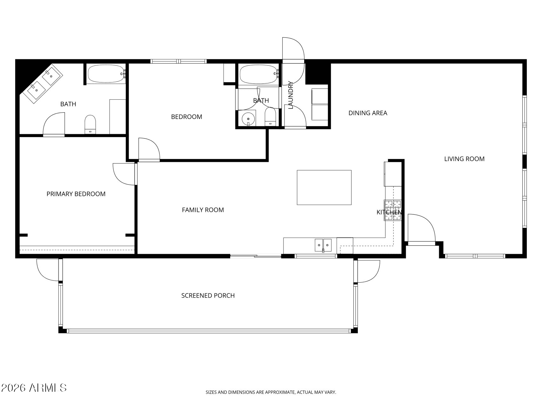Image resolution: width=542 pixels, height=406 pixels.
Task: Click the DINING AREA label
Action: [x=368, y=113]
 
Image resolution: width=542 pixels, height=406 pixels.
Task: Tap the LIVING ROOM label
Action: [x=464, y=159]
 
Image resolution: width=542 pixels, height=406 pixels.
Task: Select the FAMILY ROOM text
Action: [x=203, y=210]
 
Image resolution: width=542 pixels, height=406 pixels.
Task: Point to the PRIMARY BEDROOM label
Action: [x=76, y=194]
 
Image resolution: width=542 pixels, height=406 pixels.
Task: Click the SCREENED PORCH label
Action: [x=208, y=296]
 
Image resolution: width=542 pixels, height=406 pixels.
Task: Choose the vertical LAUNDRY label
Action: [x=291, y=95]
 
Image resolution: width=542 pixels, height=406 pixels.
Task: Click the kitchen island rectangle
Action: [x=324, y=187]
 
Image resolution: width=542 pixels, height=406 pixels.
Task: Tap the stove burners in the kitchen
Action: [x=393, y=210]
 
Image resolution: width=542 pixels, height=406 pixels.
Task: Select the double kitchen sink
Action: [x=323, y=245]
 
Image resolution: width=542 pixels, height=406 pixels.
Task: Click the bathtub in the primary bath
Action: [x=106, y=74]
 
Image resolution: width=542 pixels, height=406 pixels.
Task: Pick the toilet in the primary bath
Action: [x=90, y=124]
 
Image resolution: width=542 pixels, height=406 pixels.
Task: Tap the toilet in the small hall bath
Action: [x=270, y=116]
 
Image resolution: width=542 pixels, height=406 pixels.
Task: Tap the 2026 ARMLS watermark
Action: [x=34, y=388]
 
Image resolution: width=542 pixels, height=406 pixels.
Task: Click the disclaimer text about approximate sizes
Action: [x=271, y=392]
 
